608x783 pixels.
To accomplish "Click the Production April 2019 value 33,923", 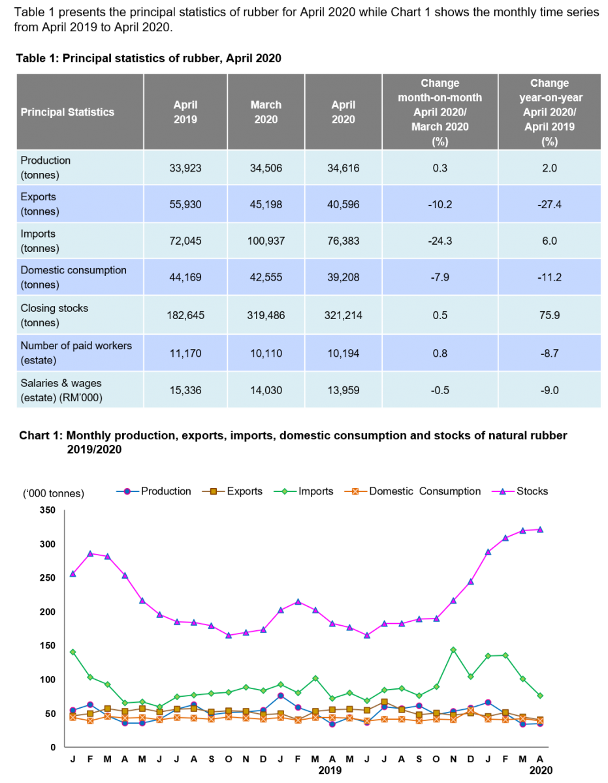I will (x=185, y=168).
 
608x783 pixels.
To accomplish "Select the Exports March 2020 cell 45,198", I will (x=266, y=205).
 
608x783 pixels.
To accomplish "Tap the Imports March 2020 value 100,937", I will (x=266, y=241).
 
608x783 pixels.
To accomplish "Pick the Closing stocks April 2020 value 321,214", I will (x=343, y=316).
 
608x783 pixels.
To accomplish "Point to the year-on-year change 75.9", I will (x=549, y=316).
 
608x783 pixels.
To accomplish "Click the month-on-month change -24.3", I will (x=440, y=241).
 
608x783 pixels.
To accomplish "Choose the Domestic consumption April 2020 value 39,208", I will (x=343, y=277).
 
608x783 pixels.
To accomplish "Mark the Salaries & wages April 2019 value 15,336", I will (x=185, y=390).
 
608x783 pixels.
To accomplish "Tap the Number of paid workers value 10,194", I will (x=343, y=353).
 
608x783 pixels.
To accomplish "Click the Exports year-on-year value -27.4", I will (x=549, y=205).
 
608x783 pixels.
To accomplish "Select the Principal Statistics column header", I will (x=67, y=112).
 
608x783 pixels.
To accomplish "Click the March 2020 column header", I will (x=266, y=112).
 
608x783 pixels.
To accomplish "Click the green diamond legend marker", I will (x=285, y=491).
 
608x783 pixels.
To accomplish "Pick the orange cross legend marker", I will (x=355, y=491).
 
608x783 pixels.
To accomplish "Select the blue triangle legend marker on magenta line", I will (x=503, y=491).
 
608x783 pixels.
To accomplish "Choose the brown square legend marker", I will (x=213, y=491).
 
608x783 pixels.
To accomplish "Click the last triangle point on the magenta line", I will (x=540, y=530).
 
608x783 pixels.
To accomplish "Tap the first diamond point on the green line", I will (x=73, y=652).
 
